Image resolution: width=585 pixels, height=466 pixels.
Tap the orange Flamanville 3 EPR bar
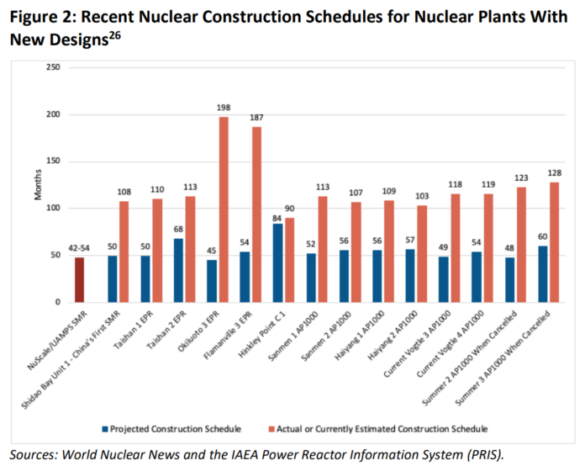[x=256, y=214]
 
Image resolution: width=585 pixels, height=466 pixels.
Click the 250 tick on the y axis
[x=53, y=67]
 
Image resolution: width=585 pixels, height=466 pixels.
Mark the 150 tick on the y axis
[x=53, y=162]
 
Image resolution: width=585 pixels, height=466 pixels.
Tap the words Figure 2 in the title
[x=43, y=17]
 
